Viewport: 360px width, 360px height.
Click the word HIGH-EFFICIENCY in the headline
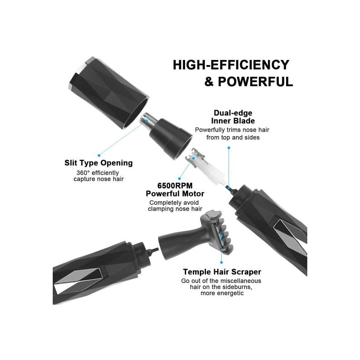click(x=231, y=65)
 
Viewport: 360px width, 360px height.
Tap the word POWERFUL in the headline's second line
click(x=255, y=82)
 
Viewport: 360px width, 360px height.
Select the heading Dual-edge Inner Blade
click(x=233, y=117)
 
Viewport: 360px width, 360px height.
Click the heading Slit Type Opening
click(x=99, y=163)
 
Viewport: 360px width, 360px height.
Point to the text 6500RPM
click(x=175, y=185)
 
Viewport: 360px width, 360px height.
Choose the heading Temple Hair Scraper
click(x=222, y=272)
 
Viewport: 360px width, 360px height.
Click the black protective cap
click(x=109, y=92)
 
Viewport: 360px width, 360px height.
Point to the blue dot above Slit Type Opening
click(x=99, y=155)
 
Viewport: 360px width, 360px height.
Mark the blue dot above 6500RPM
click(x=180, y=179)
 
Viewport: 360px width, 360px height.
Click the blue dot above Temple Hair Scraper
click(x=221, y=262)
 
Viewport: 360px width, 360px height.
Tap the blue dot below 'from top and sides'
click(x=229, y=148)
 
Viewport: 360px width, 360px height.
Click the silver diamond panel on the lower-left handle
click(x=77, y=281)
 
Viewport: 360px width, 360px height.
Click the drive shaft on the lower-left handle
click(x=153, y=251)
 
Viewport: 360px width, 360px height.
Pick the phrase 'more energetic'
click(x=222, y=293)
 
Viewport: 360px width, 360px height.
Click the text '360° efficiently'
click(x=97, y=173)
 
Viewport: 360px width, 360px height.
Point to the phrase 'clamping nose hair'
click(x=175, y=209)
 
